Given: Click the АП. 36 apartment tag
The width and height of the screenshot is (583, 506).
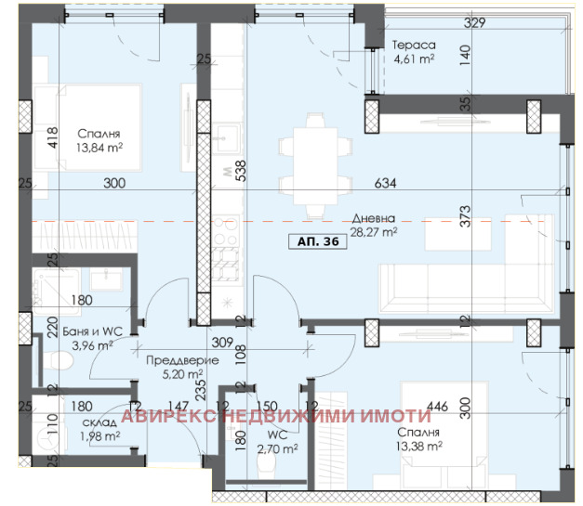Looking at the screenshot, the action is coord(318,241).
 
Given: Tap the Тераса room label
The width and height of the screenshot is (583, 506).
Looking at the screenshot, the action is coord(414,45).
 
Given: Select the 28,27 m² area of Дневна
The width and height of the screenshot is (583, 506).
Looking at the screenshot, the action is coord(374,232).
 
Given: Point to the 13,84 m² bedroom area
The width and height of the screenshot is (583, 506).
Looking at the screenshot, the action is coord(99,148).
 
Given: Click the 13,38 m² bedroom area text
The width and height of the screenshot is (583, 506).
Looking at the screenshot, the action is coord(419,446).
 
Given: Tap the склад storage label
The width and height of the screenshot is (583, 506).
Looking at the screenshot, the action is coord(99,422).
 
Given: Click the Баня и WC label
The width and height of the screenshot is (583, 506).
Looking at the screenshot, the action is coord(92,331).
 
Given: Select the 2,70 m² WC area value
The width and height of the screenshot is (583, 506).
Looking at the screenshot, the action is coord(277,448).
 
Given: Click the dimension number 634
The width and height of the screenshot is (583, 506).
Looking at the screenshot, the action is coord(385,183).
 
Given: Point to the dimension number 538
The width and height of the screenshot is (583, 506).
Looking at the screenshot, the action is coord(242,171).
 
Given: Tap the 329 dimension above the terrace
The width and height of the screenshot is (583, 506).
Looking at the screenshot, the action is coord(475,22).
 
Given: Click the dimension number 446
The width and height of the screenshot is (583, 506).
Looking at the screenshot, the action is coord(437,406).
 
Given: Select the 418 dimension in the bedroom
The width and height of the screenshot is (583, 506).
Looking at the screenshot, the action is coord(53,137).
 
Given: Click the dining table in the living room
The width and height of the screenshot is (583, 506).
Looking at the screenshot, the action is coord(315,166).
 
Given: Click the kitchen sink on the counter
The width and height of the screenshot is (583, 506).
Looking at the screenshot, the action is coord(226,139).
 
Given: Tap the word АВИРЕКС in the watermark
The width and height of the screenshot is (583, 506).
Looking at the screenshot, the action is coord(168,416).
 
